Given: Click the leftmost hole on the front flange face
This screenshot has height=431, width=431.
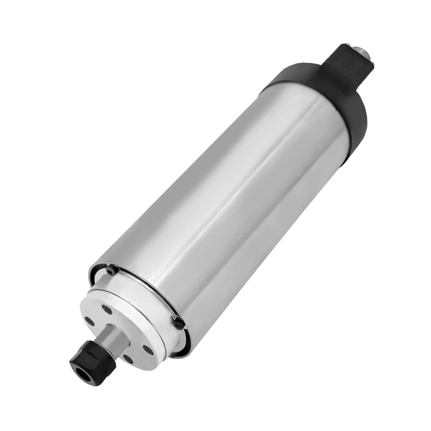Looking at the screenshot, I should (x=89, y=323).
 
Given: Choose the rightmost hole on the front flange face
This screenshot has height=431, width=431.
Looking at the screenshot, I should (x=146, y=349).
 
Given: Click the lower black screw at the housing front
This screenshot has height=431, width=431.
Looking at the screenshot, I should (x=178, y=323).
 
